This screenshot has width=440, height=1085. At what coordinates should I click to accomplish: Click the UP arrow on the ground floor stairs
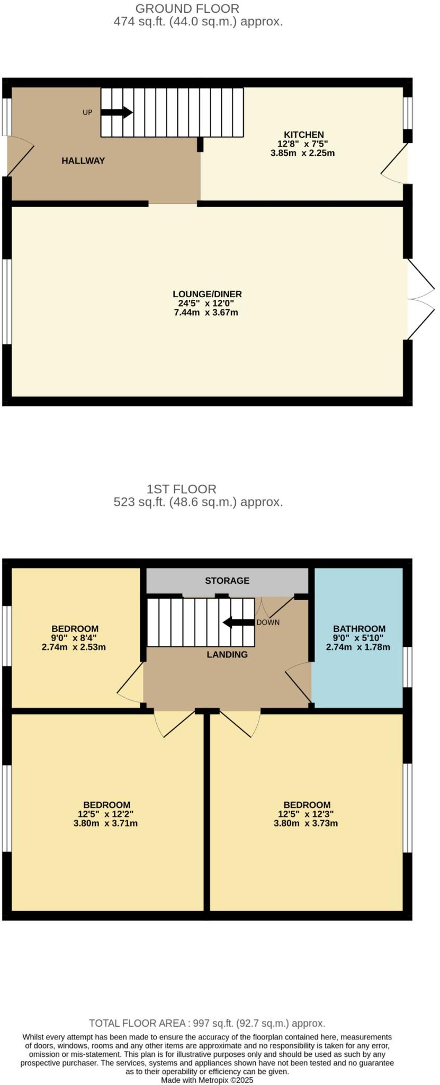tap(116, 112)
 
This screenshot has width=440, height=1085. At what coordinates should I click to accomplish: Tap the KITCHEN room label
tap(303, 135)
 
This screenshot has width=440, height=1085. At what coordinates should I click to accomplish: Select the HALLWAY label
tap(83, 161)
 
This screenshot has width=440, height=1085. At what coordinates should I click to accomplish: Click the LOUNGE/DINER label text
tap(207, 294)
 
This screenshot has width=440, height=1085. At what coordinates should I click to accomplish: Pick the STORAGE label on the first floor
tap(227, 581)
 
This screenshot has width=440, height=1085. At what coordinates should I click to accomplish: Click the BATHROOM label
tap(359, 629)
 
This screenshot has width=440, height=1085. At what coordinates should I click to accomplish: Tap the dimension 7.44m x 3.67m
tap(205, 313)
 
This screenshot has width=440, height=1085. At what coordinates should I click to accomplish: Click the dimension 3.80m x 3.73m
tap(306, 823)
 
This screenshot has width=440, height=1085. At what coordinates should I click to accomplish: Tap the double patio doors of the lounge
tap(421, 299)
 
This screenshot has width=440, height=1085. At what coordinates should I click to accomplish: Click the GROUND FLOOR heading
tap(187, 8)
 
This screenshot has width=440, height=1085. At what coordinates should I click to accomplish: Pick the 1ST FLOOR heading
tap(182, 489)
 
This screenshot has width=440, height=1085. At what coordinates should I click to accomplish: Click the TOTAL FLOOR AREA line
tap(207, 1024)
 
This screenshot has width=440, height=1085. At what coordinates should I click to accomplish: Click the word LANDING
tap(227, 654)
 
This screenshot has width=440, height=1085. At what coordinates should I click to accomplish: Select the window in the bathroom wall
tap(408, 667)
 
